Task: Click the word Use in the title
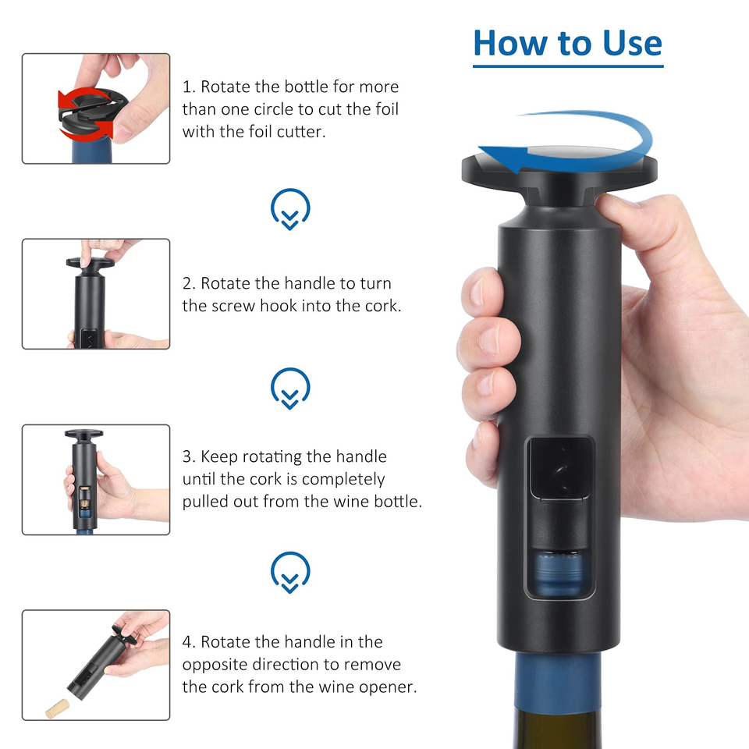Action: (632, 44)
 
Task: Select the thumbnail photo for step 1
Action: (96, 108)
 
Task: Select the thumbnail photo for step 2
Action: (96, 294)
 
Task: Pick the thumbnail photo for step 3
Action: (96, 480)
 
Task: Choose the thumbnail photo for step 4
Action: (96, 665)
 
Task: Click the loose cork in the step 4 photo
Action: (57, 708)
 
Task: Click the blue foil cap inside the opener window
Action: (559, 573)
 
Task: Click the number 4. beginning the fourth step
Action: (189, 642)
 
